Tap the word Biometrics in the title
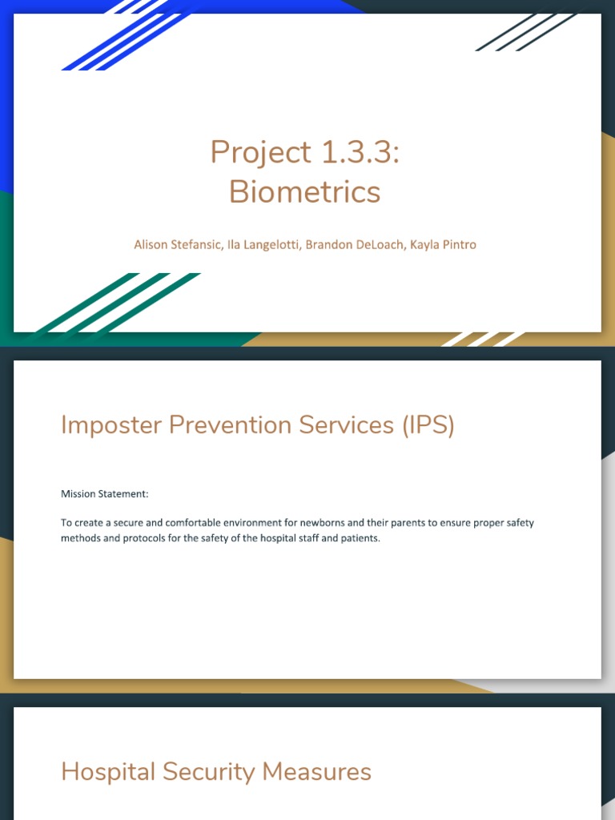[x=304, y=192]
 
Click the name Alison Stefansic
[x=175, y=244]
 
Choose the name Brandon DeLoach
[x=354, y=244]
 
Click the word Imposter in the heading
[x=111, y=425]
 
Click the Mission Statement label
[x=105, y=494]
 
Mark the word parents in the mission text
[x=416, y=523]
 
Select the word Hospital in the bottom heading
[x=108, y=772]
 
